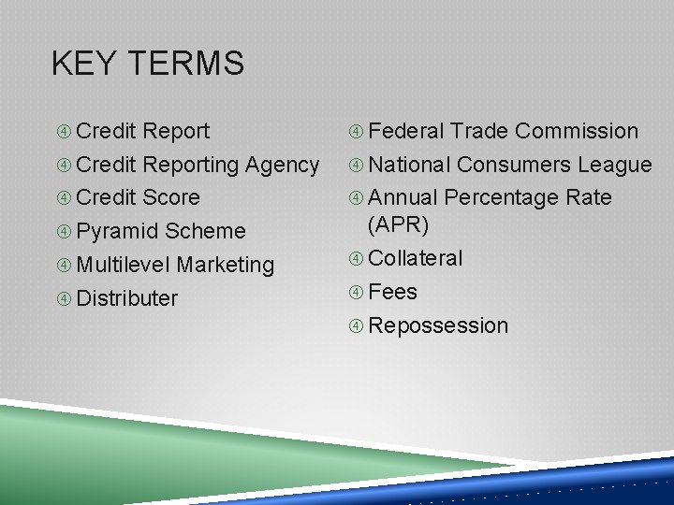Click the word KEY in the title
[83, 65]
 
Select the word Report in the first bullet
[178, 131]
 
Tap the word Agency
[282, 166]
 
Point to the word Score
[171, 198]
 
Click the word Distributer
[126, 299]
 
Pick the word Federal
[406, 131]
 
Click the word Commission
[577, 131]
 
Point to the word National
[410, 166]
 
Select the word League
[614, 166]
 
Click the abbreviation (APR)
[399, 224]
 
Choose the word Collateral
[416, 258]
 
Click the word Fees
[393, 292]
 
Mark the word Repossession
[438, 326]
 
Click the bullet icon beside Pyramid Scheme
[64, 232]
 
